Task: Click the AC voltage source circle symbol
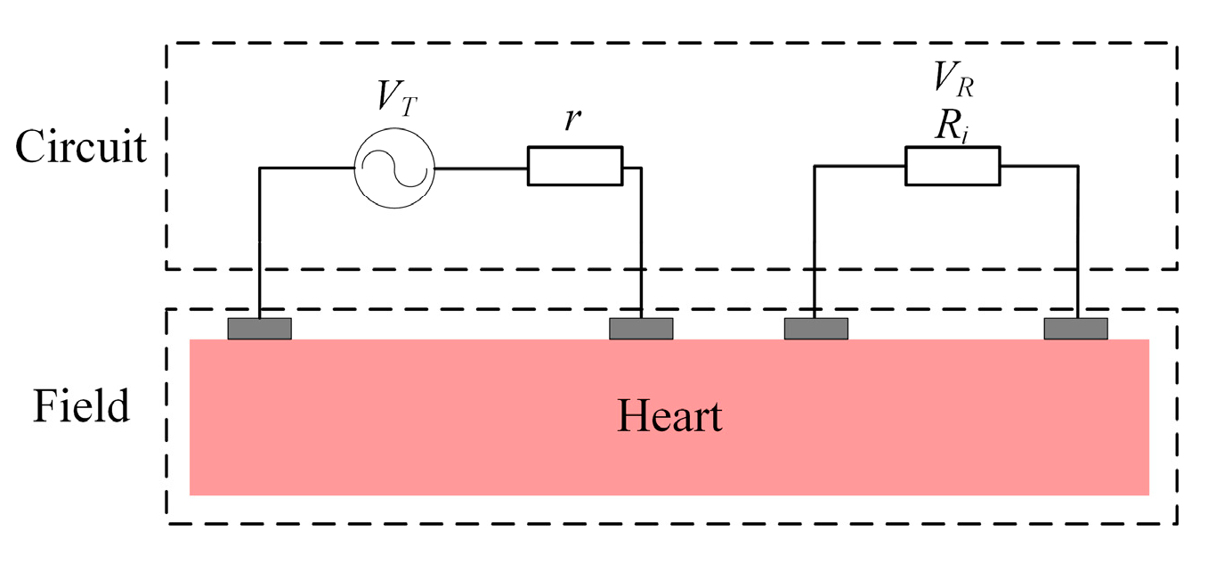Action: coord(394,168)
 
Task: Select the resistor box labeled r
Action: coord(574,167)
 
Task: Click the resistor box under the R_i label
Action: coord(952,167)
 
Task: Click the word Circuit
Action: coord(81,146)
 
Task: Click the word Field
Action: coord(81,406)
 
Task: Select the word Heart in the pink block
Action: coord(669,416)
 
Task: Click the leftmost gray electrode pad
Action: coord(259,329)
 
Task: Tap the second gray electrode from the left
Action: coord(641,329)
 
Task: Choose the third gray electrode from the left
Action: coord(815,329)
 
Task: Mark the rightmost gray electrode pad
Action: coord(1076,329)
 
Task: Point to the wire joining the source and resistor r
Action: coord(481,168)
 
